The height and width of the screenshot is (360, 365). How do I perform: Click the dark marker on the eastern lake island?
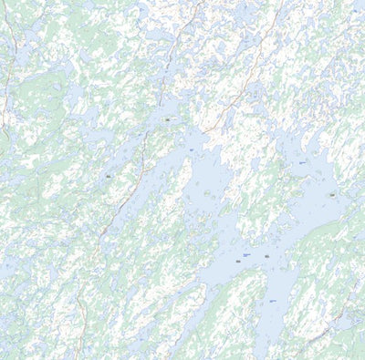click(332, 194)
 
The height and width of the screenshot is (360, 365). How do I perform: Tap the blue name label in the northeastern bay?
click(302, 162)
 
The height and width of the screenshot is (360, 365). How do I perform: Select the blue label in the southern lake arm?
click(272, 300)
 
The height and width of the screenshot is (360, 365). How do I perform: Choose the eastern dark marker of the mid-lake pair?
click(266, 257)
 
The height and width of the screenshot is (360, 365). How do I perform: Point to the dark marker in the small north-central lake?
click(168, 118)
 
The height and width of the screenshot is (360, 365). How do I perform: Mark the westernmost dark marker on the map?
click(108, 175)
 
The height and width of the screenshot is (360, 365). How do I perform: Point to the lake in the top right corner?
click(351, 14)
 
